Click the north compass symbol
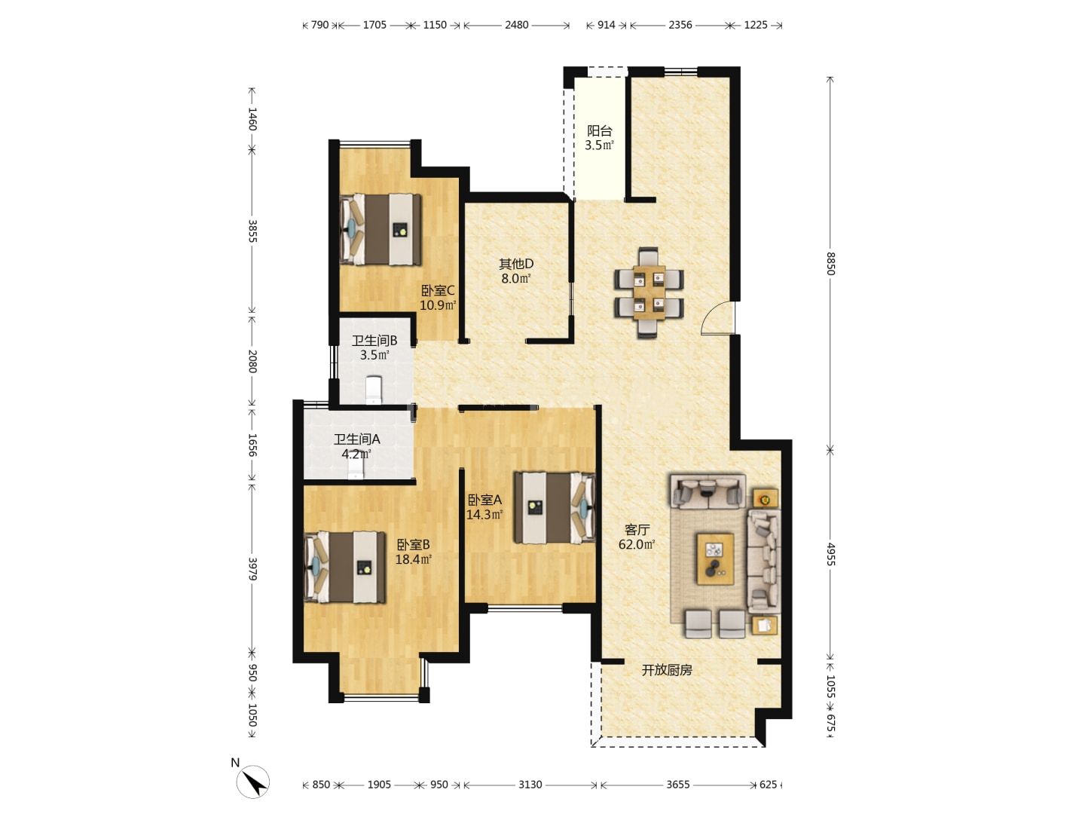tap(252, 780)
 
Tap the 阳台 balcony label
tap(599, 131)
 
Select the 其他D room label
tap(516, 264)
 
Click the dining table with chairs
tap(649, 292)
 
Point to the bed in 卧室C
tap(380, 229)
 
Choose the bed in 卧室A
tap(554, 507)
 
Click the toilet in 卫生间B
tap(373, 390)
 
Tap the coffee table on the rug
tap(715, 558)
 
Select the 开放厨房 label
tap(666, 670)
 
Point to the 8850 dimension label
tap(830, 264)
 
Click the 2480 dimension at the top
tap(517, 25)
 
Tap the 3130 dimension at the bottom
tap(530, 785)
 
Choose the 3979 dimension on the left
tap(252, 569)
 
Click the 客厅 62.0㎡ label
tap(637, 537)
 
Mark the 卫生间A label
tap(356, 439)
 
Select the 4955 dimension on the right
tap(830, 554)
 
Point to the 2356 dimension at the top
tap(680, 25)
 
